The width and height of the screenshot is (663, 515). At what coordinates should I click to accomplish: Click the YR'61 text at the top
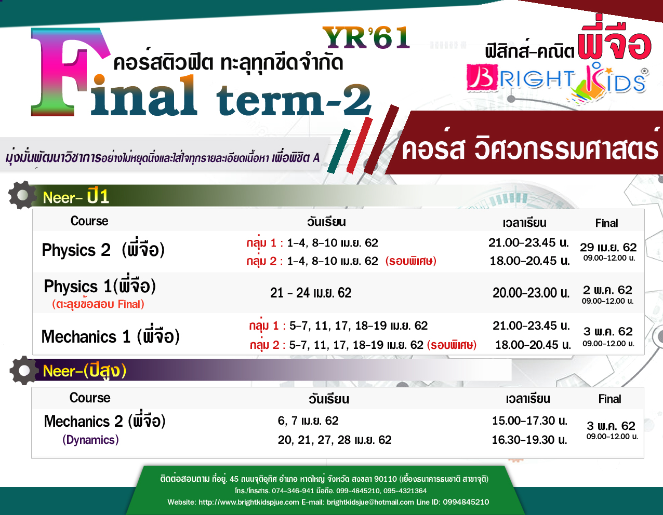(366, 37)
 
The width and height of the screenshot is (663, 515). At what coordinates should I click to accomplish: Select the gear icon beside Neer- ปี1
(22, 195)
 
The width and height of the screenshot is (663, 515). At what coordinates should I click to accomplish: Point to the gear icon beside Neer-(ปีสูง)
(24, 370)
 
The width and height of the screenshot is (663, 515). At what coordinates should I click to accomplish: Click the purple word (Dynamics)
(90, 440)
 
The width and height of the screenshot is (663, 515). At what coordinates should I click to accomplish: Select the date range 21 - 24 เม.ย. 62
(311, 293)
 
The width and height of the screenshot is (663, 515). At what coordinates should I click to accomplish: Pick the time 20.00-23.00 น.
(531, 293)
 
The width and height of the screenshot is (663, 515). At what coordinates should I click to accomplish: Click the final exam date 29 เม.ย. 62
(608, 247)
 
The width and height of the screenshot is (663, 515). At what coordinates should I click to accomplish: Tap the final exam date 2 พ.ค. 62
(607, 290)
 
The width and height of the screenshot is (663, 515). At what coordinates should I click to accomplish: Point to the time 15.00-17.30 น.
(529, 421)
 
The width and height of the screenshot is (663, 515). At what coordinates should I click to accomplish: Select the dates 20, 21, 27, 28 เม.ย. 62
(335, 440)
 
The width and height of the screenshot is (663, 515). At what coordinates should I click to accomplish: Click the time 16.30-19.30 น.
(529, 440)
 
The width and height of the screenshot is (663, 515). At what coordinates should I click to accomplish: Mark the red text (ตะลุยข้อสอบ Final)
(98, 304)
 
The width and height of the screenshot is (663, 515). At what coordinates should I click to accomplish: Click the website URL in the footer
(249, 502)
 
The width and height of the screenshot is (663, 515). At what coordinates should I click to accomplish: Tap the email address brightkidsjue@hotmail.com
(370, 502)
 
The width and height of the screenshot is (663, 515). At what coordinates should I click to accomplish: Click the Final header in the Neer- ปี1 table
(606, 223)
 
